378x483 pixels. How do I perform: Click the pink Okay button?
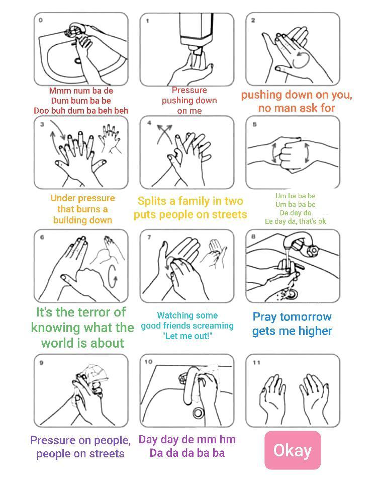tap(292, 450)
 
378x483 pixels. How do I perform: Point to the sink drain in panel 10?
tap(199, 413)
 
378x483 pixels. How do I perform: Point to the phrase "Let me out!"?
tap(187, 336)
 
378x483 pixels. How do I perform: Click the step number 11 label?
tap(256, 362)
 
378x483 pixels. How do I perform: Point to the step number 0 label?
tap(41, 20)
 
